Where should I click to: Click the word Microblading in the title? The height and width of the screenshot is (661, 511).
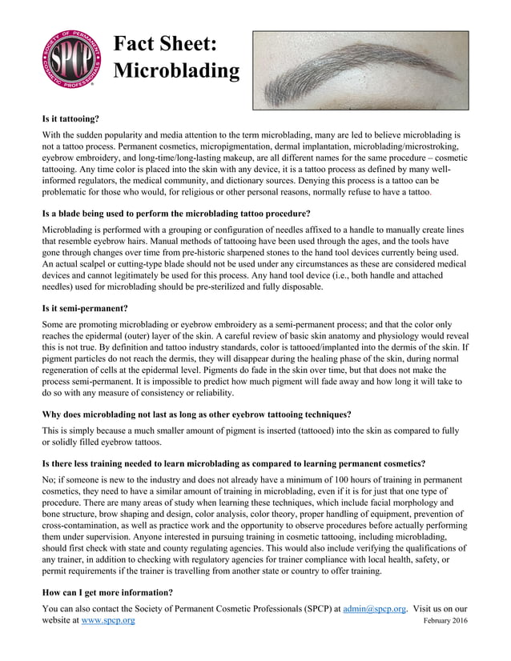[x=176, y=71]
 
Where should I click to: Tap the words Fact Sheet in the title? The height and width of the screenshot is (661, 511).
[x=164, y=44]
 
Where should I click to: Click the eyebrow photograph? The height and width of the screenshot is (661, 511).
[x=360, y=70]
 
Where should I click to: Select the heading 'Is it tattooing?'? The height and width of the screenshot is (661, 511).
[x=70, y=118]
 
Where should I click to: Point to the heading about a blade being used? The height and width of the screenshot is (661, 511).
[x=176, y=214]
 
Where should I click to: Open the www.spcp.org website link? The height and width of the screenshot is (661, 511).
[x=108, y=620]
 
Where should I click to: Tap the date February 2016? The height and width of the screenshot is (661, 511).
[x=445, y=621]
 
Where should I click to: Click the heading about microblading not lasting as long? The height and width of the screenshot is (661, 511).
[x=196, y=415]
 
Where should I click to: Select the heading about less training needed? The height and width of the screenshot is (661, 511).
[x=233, y=463]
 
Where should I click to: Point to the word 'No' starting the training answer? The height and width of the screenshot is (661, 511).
[x=47, y=479]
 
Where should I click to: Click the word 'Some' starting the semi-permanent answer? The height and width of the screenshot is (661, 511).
[x=54, y=325]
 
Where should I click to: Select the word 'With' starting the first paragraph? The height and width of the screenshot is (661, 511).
[x=53, y=135]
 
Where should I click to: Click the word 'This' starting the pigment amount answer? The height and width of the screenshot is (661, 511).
[x=52, y=431]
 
